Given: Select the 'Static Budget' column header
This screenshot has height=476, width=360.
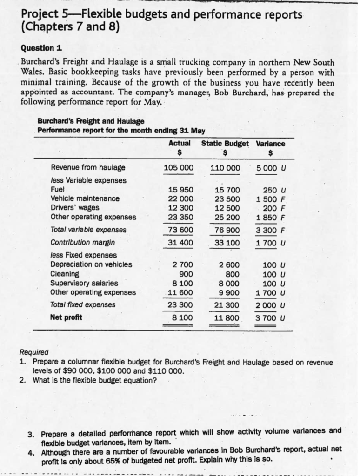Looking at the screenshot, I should (225, 144).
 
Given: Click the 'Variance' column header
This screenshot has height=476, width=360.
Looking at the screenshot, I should (270, 144).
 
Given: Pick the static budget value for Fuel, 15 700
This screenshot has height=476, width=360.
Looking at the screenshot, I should (226, 190).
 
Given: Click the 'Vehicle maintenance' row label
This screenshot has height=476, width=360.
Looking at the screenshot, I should (85, 198).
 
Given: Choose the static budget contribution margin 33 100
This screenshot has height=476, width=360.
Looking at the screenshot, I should (226, 242).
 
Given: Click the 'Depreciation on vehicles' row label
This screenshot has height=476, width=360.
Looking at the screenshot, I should (91, 264).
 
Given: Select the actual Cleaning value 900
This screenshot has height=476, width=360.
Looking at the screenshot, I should (186, 274).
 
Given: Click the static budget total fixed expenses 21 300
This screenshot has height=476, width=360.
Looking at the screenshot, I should (226, 305).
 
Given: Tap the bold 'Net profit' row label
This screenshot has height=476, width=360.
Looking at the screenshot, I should (66, 317).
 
